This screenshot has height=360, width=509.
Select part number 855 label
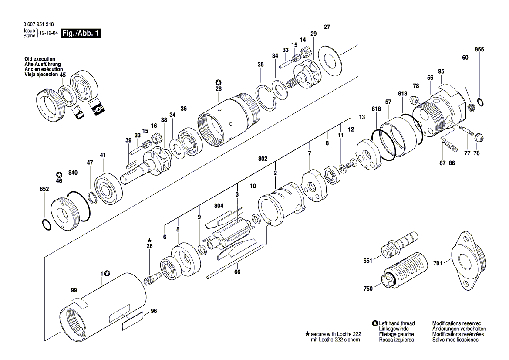(479, 50)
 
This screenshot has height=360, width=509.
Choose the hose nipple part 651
(399, 245)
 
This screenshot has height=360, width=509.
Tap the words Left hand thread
(397, 323)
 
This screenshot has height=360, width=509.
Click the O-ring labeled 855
(480, 102)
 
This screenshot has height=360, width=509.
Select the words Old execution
(40, 59)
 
